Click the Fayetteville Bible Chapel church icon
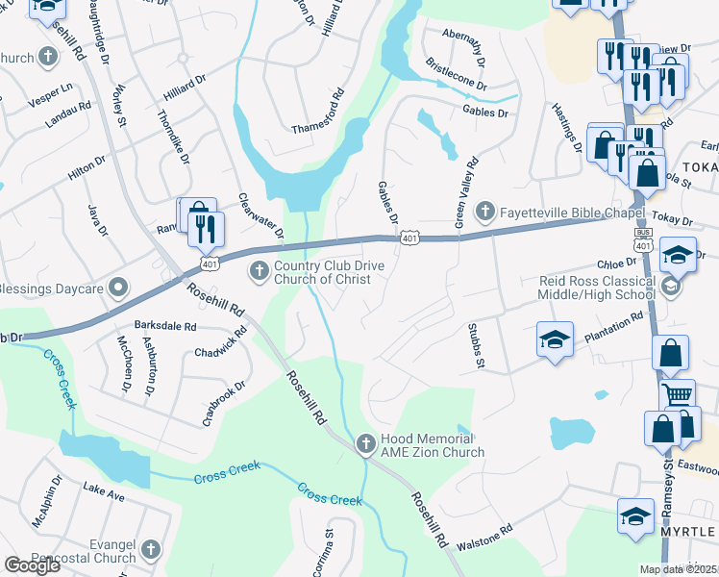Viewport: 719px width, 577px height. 486,211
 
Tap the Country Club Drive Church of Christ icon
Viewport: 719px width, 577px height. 258,272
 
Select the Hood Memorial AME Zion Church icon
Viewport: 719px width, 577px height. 364,443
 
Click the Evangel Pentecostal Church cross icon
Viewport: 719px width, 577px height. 150,549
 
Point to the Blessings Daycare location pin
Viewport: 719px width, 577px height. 117,288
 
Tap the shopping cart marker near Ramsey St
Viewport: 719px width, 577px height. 678,393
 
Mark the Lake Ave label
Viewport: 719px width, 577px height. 104,493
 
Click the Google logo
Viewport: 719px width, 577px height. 32,564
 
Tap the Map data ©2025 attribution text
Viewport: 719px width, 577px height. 679,569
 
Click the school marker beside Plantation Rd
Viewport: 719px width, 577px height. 555,339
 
